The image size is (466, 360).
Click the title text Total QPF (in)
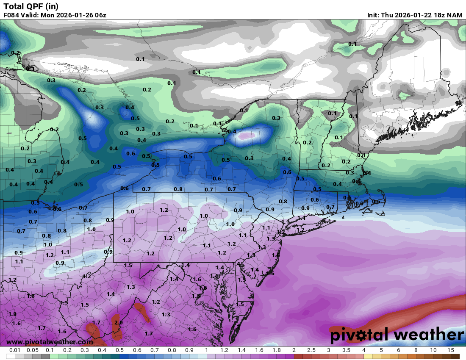pyautogui.click(x=31, y=6)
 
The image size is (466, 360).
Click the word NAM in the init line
pyautogui.click(x=455, y=15)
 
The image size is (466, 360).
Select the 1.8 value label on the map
pyautogui.click(x=12, y=314)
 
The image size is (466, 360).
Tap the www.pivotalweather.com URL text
pyautogui.click(x=50, y=342)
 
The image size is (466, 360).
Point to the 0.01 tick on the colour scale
pyautogui.click(x=15, y=350)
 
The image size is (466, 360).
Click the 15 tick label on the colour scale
pyautogui.click(x=451, y=350)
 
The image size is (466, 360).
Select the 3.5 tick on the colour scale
pyautogui.click(x=346, y=350)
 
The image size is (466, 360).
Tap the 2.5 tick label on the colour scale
pyautogui.click(x=311, y=350)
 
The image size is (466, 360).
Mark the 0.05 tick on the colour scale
pyautogui.click(x=33, y=350)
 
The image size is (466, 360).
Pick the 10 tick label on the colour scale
pyautogui.click(x=433, y=350)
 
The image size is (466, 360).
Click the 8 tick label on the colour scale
pyautogui.click(x=416, y=350)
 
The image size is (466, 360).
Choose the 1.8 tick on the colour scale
pyautogui.click(x=276, y=350)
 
